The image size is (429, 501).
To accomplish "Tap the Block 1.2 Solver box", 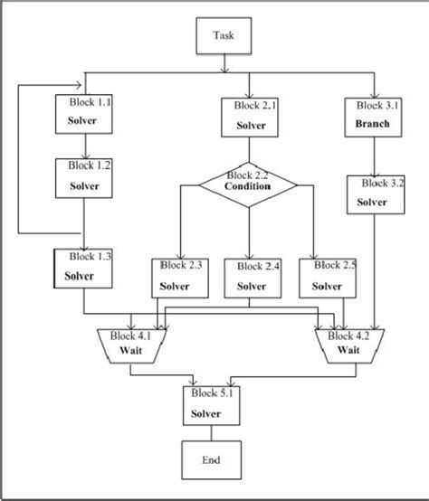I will click(83, 178).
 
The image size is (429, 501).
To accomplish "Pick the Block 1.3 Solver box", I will click(83, 268).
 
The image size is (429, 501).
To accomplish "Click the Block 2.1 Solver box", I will click(248, 118).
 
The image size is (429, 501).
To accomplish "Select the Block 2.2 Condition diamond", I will click(248, 182).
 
